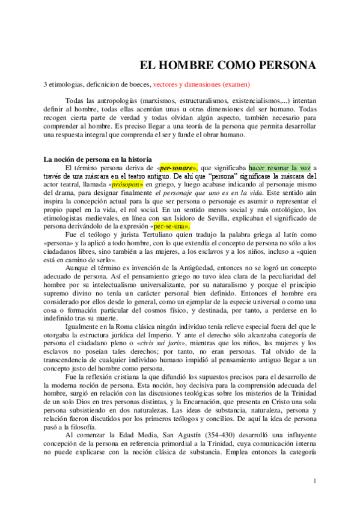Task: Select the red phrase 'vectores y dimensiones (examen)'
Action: coord(201,85)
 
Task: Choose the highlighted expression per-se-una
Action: coord(172,227)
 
